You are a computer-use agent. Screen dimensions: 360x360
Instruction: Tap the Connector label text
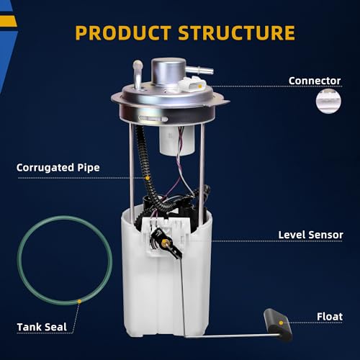point(315,81)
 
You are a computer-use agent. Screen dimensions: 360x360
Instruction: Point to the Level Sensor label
point(310,235)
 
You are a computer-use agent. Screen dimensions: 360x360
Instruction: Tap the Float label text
point(329,316)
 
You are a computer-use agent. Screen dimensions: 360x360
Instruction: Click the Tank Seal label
point(42,327)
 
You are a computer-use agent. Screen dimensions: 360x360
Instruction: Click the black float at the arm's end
point(277,322)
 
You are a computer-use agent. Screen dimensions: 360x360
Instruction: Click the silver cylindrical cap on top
point(169,73)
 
